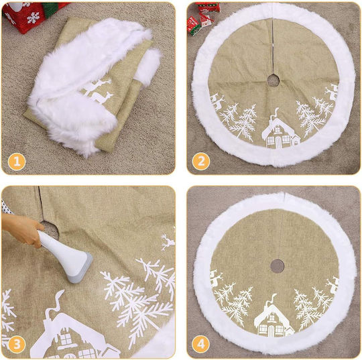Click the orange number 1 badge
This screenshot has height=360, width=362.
[x=17, y=162]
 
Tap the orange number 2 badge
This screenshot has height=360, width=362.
[x=201, y=162]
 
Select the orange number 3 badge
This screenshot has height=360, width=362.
[x=17, y=344]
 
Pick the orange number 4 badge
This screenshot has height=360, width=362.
[x=201, y=344]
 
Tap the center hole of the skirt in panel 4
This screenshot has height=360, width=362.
[x=277, y=265]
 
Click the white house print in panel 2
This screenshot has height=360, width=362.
[x=280, y=131]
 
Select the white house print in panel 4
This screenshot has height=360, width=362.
[x=274, y=316]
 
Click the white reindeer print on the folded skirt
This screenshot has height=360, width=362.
[x=98, y=91]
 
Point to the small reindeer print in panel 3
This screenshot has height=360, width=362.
[x=168, y=242]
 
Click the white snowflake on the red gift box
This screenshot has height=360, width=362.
[x=34, y=18]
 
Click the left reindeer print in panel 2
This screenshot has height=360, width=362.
[x=217, y=102]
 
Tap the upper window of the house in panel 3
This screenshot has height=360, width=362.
[x=66, y=339]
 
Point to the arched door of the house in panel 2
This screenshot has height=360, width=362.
[x=278, y=141]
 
